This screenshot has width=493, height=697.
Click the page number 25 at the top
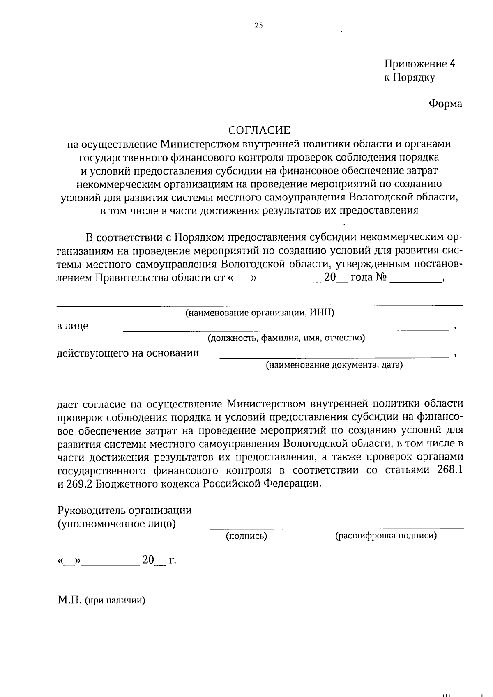pyautogui.click(x=258, y=25)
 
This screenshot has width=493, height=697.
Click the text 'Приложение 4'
pyautogui.click(x=419, y=64)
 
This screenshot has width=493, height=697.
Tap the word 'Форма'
pyautogui.click(x=445, y=104)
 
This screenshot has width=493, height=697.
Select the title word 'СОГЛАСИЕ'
pyautogui.click(x=259, y=130)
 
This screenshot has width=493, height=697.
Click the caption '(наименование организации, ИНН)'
pyautogui.click(x=260, y=313)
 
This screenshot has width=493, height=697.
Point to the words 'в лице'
pyautogui.click(x=72, y=327)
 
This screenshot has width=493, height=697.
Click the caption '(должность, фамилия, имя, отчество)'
pyautogui.click(x=286, y=338)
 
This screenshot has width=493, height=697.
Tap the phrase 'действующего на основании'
pyautogui.click(x=127, y=353)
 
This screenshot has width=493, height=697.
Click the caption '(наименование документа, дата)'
pyautogui.click(x=334, y=365)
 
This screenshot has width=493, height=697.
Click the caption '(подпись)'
pyautogui.click(x=246, y=536)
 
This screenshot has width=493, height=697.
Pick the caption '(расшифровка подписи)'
pyautogui.click(x=386, y=536)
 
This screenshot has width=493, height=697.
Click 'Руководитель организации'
pyautogui.click(x=124, y=511)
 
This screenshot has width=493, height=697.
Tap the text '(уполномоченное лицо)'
pyautogui.click(x=117, y=524)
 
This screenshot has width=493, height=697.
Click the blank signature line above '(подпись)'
pyautogui.click(x=246, y=528)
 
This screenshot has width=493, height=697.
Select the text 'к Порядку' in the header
pyautogui.click(x=409, y=78)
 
